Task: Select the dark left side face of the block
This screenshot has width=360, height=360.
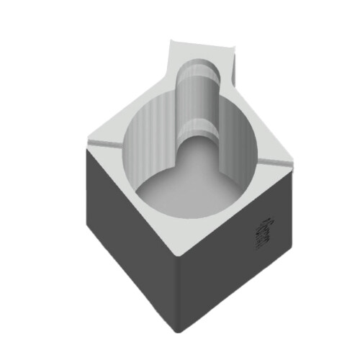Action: (x=130, y=238)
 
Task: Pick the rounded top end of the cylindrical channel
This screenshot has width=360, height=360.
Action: (x=197, y=61)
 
